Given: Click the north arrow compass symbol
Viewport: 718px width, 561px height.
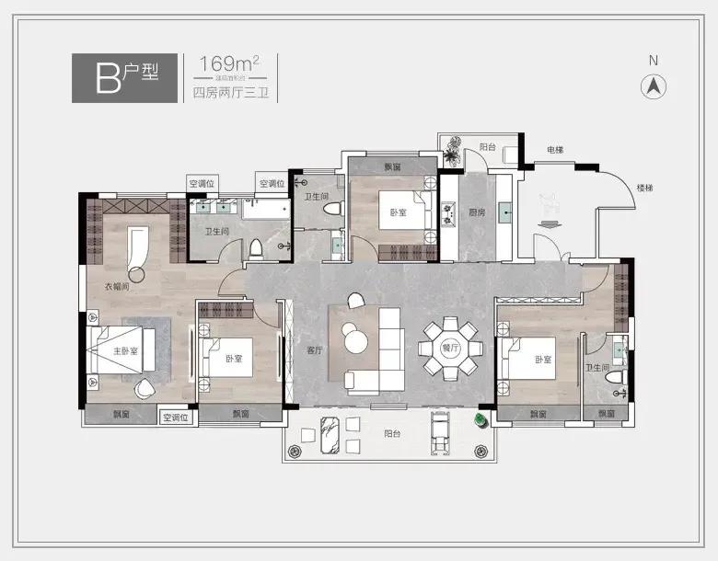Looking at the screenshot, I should (x=654, y=86).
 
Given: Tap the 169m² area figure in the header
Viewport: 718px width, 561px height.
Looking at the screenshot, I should (x=222, y=64).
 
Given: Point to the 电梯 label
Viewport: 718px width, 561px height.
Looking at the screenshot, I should (x=554, y=150).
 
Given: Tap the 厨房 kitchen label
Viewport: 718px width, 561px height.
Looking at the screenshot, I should (x=476, y=212).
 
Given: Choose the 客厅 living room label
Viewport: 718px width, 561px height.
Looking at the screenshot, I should (x=312, y=350).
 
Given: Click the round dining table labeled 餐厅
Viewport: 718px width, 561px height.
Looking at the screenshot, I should (x=449, y=349).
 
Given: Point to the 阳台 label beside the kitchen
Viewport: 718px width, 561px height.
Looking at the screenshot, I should (x=488, y=146).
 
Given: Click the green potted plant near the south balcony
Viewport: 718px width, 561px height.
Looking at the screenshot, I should (x=480, y=420).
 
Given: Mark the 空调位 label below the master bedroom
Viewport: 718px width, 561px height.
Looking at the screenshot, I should (x=175, y=418).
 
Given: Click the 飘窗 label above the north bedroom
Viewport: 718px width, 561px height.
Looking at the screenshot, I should (x=391, y=166).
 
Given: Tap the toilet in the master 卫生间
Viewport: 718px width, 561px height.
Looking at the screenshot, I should (x=257, y=249).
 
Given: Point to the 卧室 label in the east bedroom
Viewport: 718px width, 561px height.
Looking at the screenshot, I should (x=541, y=360).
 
